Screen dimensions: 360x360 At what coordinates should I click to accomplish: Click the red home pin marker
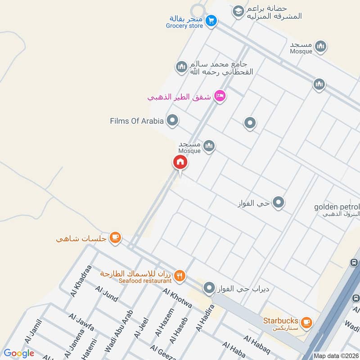[x=180, y=162]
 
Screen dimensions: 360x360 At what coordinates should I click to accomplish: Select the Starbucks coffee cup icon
[x=306, y=322]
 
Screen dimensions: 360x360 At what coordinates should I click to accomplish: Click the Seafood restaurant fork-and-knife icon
[x=180, y=275]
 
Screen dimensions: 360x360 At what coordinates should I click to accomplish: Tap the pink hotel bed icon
[x=219, y=96]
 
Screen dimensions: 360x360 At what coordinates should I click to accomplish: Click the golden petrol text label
[x=337, y=207]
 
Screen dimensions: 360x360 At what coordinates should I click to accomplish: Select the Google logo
[x=19, y=353]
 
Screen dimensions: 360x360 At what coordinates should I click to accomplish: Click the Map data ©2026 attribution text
[x=337, y=356]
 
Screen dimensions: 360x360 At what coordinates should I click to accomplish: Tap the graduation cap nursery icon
[x=238, y=11]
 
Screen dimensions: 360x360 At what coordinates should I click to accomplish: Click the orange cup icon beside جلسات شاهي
[x=115, y=237]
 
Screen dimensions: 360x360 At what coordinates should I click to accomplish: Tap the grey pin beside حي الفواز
[x=279, y=202]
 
